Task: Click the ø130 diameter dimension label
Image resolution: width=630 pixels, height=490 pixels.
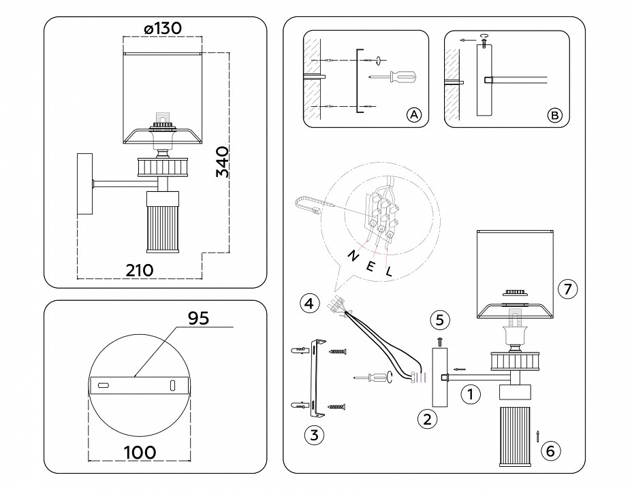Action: pos(163,28)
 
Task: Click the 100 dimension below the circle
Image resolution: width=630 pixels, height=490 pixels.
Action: pos(139,451)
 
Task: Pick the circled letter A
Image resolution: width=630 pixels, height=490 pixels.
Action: pos(413,115)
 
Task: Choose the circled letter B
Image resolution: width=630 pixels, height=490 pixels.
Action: pos(555,115)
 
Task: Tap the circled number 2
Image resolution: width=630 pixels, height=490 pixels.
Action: pos(426,419)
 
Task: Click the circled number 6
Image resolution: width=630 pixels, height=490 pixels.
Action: pos(552,450)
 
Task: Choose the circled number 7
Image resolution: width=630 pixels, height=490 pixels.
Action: pos(567,289)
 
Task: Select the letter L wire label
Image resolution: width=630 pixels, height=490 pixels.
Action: pos(390,272)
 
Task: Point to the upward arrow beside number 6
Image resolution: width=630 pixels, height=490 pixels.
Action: pos(537,436)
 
